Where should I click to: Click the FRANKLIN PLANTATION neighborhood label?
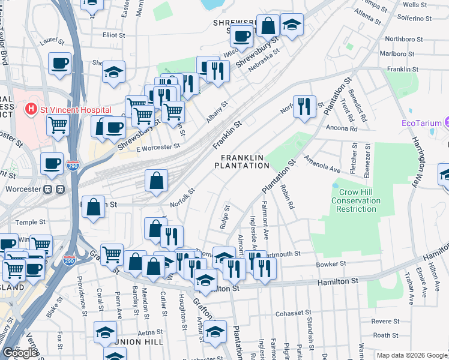[241, 161]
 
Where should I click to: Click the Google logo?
[19, 353]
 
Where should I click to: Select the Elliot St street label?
[113, 35]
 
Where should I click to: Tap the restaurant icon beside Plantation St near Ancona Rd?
[304, 107]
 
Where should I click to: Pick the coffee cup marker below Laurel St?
[59, 63]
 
